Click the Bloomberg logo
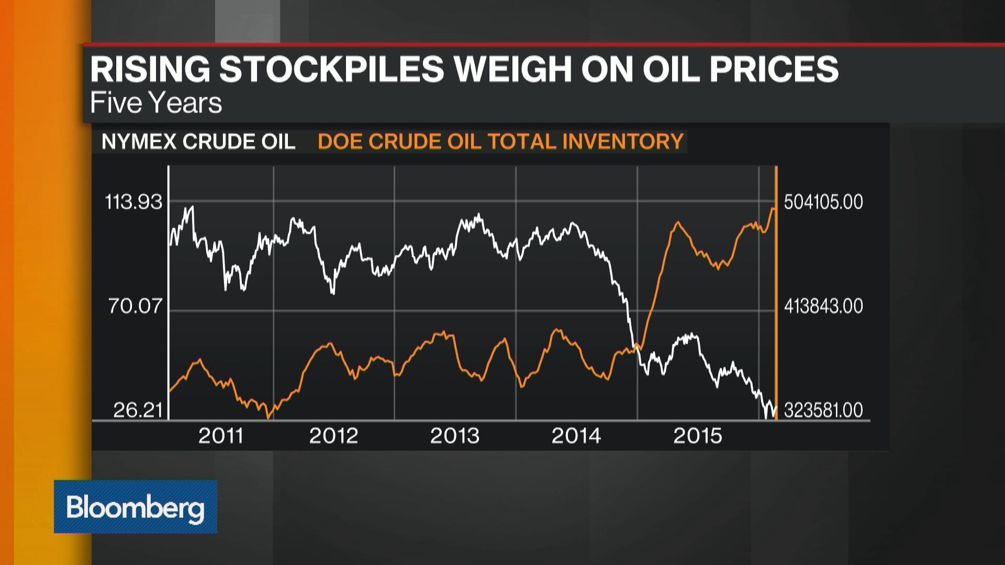tap(135, 507)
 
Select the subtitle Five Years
tap(156, 103)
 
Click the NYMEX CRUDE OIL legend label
tap(198, 142)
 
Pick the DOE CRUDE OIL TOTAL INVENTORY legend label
tap(500, 142)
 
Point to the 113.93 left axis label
tap(134, 202)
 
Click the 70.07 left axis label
tap(136, 306)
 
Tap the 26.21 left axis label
tap(138, 410)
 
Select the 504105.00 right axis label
tap(823, 202)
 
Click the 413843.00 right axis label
tap(823, 306)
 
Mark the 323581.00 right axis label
tap(823, 410)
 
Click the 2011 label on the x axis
tap(221, 436)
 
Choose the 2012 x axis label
tap(333, 436)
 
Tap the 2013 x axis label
tap(454, 436)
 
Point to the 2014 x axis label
tap(576, 436)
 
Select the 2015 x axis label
tap(697, 436)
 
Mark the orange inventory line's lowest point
tap(269, 417)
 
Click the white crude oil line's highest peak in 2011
tap(192, 207)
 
